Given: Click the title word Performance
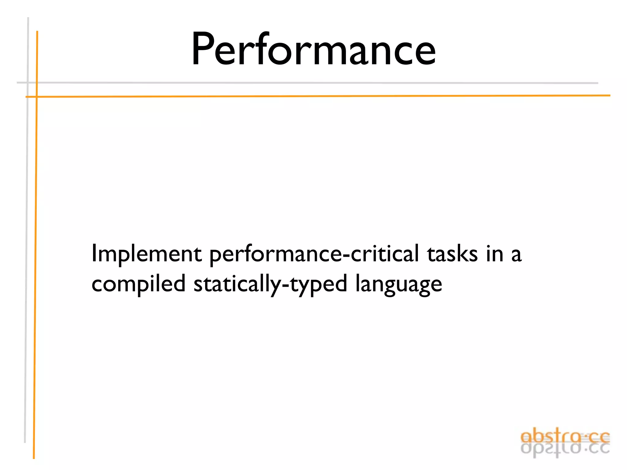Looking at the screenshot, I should click(313, 50).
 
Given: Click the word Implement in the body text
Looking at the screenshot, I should click(146, 254).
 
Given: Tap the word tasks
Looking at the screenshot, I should click(452, 254).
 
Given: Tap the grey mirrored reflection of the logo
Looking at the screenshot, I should click(565, 449).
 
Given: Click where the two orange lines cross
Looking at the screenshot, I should click(36, 97).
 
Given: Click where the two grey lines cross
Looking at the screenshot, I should click(28, 83).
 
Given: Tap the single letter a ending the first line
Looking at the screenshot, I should click(516, 255).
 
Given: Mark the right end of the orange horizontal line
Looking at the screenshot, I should click(609, 95).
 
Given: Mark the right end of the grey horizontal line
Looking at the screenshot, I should click(597, 83).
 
